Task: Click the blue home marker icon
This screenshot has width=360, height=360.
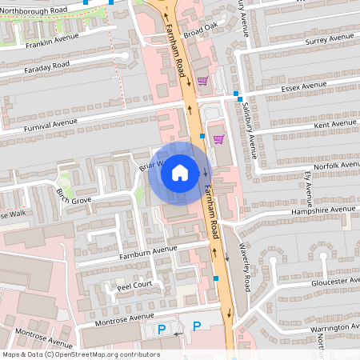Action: point(180,172)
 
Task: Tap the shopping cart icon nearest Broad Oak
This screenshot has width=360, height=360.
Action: point(202,80)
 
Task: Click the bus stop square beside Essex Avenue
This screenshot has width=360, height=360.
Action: point(238,94)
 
